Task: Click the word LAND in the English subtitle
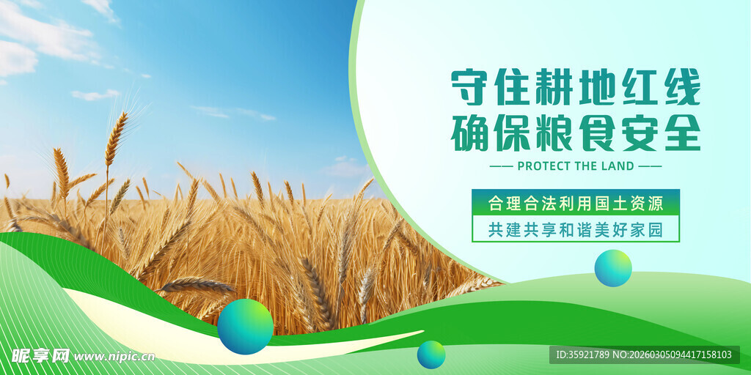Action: [x=619, y=166]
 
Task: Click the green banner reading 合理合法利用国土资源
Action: [x=575, y=201]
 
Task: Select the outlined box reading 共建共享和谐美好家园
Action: [x=575, y=229]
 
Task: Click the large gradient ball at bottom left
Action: [x=245, y=327]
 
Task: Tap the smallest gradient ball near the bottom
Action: [x=431, y=354]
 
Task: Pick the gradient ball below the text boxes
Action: [x=613, y=268]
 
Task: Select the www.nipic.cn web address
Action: [x=114, y=357]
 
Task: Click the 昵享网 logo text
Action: [x=41, y=355]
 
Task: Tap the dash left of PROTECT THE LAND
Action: [x=500, y=166]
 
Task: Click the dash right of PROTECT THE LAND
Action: [x=650, y=166]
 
